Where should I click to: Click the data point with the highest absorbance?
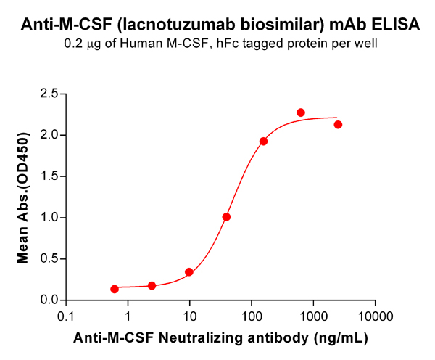pos(301,112)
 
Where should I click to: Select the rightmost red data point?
pos(338,125)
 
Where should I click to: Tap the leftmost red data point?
pos(115,289)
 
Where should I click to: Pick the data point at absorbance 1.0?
pos(227,216)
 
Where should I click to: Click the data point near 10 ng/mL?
pos(189,272)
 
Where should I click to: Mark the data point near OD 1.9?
pos(263,141)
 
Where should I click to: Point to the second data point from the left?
pos(152,286)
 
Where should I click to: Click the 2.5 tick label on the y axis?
pos(49,94)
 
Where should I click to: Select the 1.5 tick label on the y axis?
pos(49,176)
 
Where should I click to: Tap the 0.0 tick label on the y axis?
pos(49,300)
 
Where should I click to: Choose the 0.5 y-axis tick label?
pos(49,259)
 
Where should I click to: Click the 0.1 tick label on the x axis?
pos(66,316)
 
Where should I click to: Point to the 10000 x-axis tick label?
pos(375,316)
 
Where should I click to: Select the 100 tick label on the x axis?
pos(252,316)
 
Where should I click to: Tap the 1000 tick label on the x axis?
pos(313,316)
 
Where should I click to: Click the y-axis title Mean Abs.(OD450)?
pos(23,197)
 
